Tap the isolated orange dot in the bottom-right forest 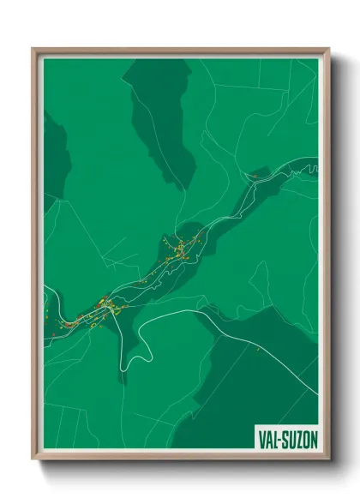[257, 349]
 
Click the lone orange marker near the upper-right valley [255, 175]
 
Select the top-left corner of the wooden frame [34, 50]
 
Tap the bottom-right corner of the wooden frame [327, 459]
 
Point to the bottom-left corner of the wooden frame [34, 459]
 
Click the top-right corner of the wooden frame [327, 50]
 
